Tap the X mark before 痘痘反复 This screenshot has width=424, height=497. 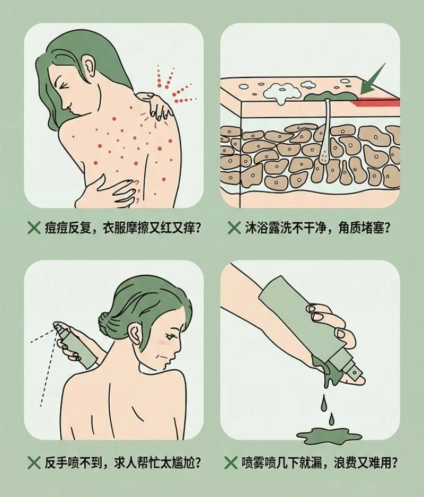click(34, 228)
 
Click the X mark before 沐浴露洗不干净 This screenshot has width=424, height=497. click(234, 228)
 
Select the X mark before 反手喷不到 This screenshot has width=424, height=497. click(34, 463)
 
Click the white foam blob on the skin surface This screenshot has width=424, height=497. click(282, 92)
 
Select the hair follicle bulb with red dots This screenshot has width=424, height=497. click(324, 156)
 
